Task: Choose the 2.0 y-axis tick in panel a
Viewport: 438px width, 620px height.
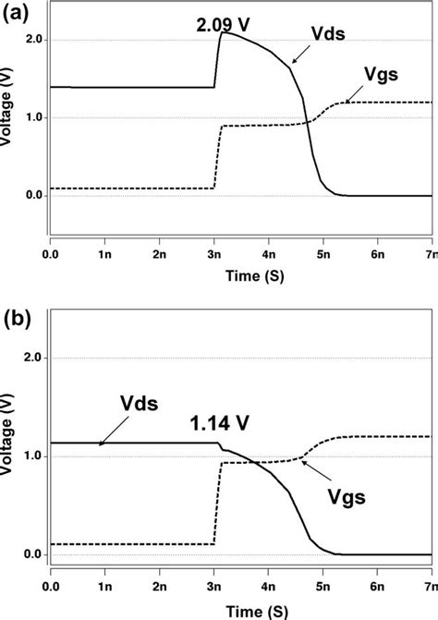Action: pyautogui.click(x=34, y=40)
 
